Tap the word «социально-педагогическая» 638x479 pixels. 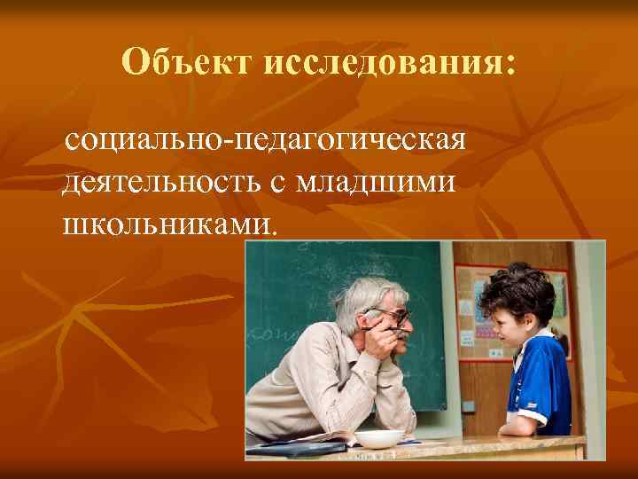click(265, 139)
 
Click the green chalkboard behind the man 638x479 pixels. click(292, 293)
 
